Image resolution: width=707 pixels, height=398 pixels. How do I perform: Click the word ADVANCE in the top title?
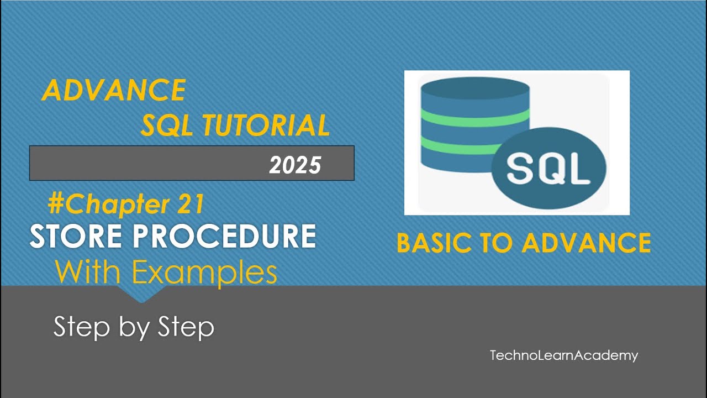coord(114,90)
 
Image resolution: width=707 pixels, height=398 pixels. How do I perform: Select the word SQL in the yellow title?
coord(166,126)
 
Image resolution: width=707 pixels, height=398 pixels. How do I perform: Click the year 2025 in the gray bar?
coord(295,165)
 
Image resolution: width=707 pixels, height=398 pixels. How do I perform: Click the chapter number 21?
coord(191,205)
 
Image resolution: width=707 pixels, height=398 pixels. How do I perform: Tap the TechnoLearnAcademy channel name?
coord(563,355)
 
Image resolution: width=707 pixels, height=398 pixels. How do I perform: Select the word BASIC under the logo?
coord(435,243)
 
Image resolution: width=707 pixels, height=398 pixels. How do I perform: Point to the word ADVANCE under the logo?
coord(587,243)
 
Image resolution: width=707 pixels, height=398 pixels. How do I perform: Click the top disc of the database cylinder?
coord(474,91)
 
